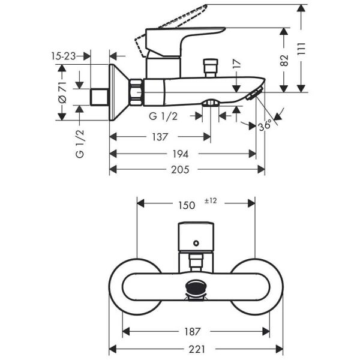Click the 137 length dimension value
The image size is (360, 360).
159,137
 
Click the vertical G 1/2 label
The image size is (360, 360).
80,144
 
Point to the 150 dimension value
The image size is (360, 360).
187,205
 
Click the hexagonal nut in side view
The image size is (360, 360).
136,89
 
